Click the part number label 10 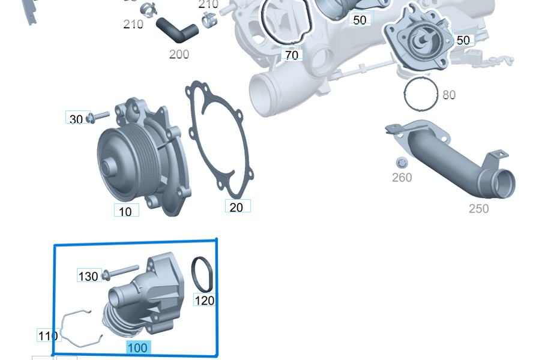click(x=125, y=211)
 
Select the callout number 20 click(x=237, y=207)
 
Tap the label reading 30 click(x=76, y=119)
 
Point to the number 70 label click(x=292, y=55)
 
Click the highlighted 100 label click(x=137, y=347)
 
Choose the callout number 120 click(x=205, y=300)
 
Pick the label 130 click(x=88, y=276)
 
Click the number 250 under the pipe click(x=478, y=208)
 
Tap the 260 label click(x=402, y=178)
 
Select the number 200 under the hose click(x=179, y=54)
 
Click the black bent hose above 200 click(x=177, y=28)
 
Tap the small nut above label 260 click(x=402, y=162)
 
